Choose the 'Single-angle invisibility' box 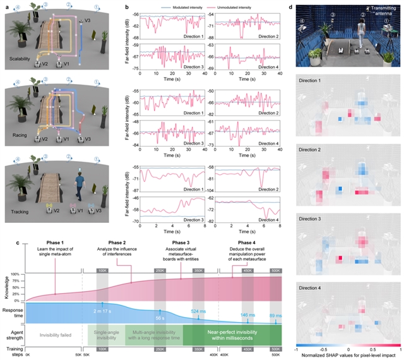[105, 334]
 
